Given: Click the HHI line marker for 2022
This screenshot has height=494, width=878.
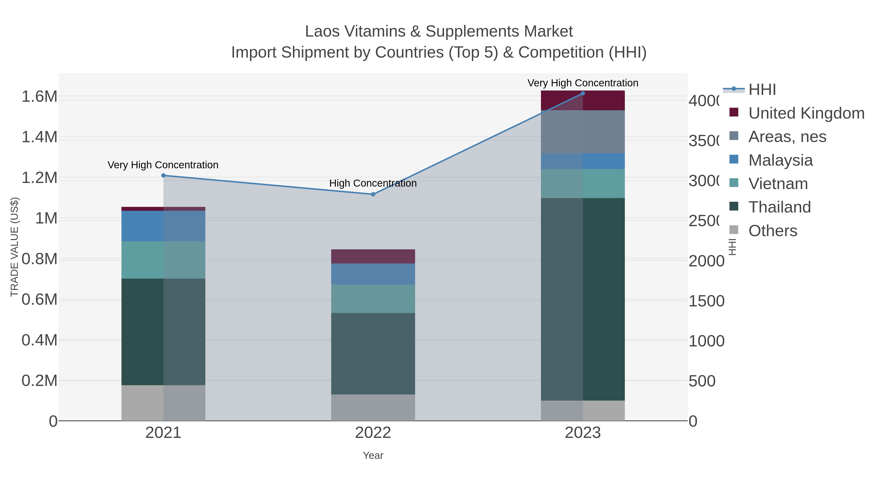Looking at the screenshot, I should point(373,194).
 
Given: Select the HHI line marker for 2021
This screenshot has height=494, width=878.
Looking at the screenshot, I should point(163,176).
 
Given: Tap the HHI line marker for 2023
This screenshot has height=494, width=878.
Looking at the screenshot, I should point(582,93).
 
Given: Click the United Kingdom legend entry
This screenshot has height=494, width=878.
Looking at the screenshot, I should point(806,113).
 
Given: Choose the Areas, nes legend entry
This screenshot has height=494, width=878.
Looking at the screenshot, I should point(787,137).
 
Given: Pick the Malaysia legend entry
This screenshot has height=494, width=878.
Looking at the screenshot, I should point(780,160).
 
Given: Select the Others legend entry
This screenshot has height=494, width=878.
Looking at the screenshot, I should point(772,231).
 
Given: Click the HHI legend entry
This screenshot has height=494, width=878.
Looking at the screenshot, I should point(762,90).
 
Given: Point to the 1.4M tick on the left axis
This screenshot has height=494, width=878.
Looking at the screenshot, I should point(39,137).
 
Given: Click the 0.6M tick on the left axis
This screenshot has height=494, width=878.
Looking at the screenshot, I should point(39,300).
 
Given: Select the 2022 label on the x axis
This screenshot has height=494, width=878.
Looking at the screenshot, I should point(373,433).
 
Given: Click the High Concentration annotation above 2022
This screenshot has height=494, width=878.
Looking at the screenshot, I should point(373,183).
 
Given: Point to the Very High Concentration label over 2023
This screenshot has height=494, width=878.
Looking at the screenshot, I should point(582,83).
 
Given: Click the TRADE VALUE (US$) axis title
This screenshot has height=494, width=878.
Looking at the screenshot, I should point(14,247).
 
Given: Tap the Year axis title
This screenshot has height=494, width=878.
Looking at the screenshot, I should point(373,455).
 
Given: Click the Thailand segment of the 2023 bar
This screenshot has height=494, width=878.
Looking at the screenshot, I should point(582,299).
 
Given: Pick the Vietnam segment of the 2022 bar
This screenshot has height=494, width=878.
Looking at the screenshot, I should point(373,299).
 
